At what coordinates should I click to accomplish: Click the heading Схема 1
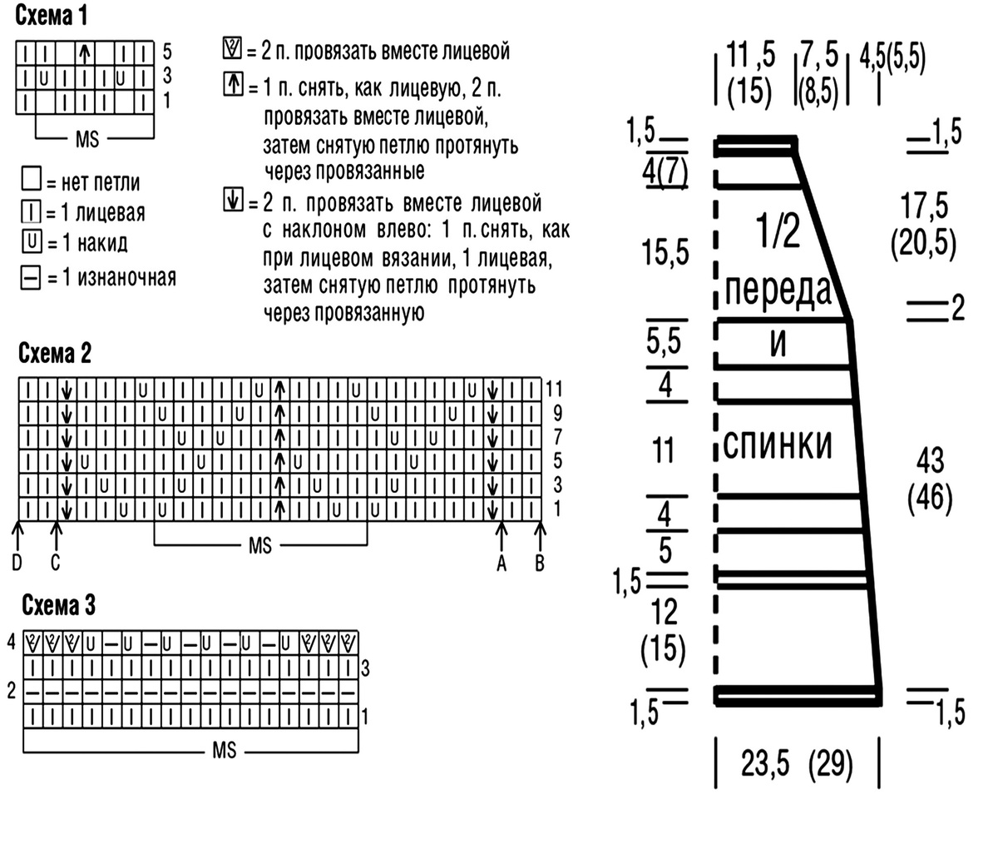tap(52, 16)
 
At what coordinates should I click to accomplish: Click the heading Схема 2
tap(55, 353)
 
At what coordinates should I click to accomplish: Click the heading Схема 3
tap(58, 604)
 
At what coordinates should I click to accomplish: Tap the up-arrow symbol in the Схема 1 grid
tap(85, 53)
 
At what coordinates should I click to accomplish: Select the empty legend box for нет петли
tap(32, 178)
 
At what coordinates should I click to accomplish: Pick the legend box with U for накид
tap(32, 241)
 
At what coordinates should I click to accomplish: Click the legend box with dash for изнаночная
tap(31, 278)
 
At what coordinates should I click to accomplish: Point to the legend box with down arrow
tap(233, 200)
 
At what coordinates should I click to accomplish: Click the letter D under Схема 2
tap(17, 563)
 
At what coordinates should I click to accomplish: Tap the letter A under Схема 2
tap(501, 563)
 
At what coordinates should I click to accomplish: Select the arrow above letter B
tap(541, 535)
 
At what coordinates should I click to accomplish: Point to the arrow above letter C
tap(56, 535)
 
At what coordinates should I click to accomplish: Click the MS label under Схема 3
tap(224, 750)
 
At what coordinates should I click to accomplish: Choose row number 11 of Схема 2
tap(554, 389)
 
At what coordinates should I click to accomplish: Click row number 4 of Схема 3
tap(11, 643)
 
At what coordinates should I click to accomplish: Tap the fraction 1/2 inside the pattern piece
tap(778, 231)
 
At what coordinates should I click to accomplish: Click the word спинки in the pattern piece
tap(778, 444)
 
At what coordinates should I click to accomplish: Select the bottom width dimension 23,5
tap(765, 763)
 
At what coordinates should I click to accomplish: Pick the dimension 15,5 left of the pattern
tap(665, 251)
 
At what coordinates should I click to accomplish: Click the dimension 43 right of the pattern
tap(930, 460)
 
